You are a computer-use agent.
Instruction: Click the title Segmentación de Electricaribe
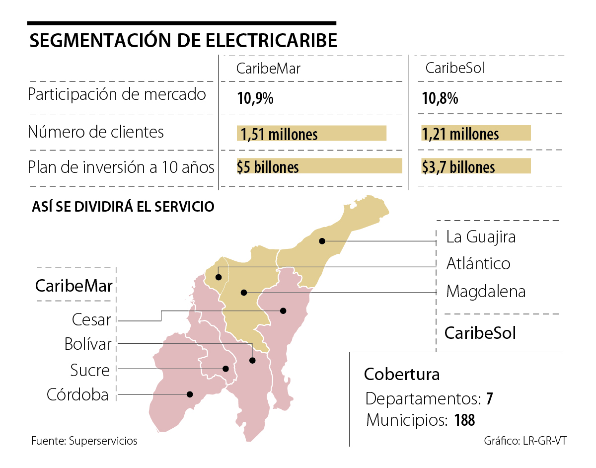[x=183, y=41]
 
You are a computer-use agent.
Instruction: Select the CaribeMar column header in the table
[x=268, y=69]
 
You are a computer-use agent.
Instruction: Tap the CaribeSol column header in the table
[x=455, y=68]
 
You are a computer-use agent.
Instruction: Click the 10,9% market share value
[x=255, y=98]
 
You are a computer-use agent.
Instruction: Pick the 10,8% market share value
[x=440, y=98]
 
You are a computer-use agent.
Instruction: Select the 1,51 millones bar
[x=312, y=133]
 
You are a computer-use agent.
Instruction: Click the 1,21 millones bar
[x=476, y=133]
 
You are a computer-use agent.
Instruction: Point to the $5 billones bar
[x=319, y=166]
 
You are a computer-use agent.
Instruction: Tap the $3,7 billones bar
[x=476, y=166]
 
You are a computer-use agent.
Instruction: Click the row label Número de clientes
[x=96, y=132]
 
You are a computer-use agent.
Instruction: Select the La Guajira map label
[x=481, y=237]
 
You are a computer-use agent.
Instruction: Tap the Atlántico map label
[x=478, y=263]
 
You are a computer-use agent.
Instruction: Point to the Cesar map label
[x=91, y=319]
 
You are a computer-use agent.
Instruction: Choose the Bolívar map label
[x=88, y=344]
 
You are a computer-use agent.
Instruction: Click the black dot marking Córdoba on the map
[x=189, y=394]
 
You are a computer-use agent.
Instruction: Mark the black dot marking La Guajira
[x=322, y=241]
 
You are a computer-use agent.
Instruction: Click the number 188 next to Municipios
[x=464, y=420]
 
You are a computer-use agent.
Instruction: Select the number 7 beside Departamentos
[x=489, y=399]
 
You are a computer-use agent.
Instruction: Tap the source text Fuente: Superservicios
[x=84, y=441]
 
